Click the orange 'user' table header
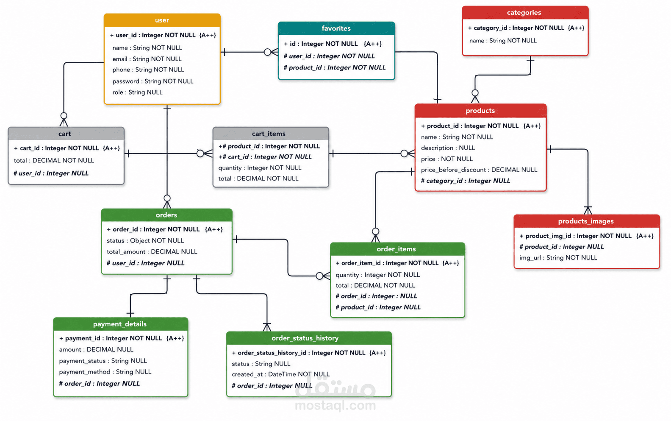coord(162,20)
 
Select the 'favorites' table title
coord(336,28)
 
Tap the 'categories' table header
coord(525,13)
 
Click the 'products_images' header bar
coord(587,221)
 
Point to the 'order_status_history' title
coord(305,338)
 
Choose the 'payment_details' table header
coord(120,324)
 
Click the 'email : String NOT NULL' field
coord(147,59)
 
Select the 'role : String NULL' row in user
coord(138,92)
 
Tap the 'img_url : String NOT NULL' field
coord(558,258)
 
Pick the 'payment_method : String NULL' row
coord(105,372)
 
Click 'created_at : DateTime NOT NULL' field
coord(281,374)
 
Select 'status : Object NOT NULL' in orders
coord(145,240)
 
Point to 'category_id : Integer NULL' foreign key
coord(466,181)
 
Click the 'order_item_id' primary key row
coord(397,263)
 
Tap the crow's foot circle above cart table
coord(64,116)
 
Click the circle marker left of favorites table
coord(267,52)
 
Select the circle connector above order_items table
coord(376,231)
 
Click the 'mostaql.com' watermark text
coord(335,405)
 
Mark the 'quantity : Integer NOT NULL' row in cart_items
coord(260,167)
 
